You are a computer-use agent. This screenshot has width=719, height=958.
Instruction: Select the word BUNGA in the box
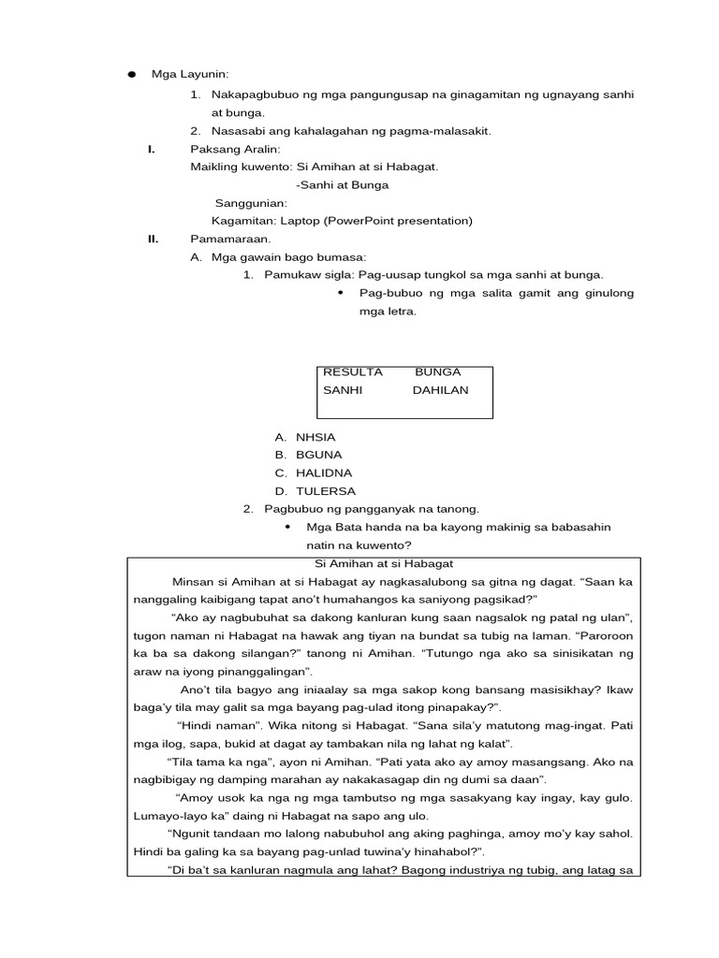438,371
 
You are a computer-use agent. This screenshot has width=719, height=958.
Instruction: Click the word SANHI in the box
343,389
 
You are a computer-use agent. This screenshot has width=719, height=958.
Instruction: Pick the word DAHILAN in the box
441,389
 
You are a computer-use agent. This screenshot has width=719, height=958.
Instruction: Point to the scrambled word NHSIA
315,437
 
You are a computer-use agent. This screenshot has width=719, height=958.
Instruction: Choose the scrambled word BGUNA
319,455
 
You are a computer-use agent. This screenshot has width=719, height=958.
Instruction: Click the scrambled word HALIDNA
324,472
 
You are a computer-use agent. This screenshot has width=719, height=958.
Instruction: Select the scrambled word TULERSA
326,490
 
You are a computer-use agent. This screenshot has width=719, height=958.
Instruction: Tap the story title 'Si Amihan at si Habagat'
384,563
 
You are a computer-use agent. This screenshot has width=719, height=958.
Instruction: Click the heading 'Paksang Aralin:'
228,150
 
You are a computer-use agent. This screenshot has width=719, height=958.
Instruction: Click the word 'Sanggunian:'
251,203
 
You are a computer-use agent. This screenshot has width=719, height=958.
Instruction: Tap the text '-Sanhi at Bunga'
342,185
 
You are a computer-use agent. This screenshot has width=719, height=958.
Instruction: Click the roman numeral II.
154,239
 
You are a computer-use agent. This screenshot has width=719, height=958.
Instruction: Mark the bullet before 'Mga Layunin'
133,75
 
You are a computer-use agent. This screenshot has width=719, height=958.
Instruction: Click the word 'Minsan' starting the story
194,581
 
